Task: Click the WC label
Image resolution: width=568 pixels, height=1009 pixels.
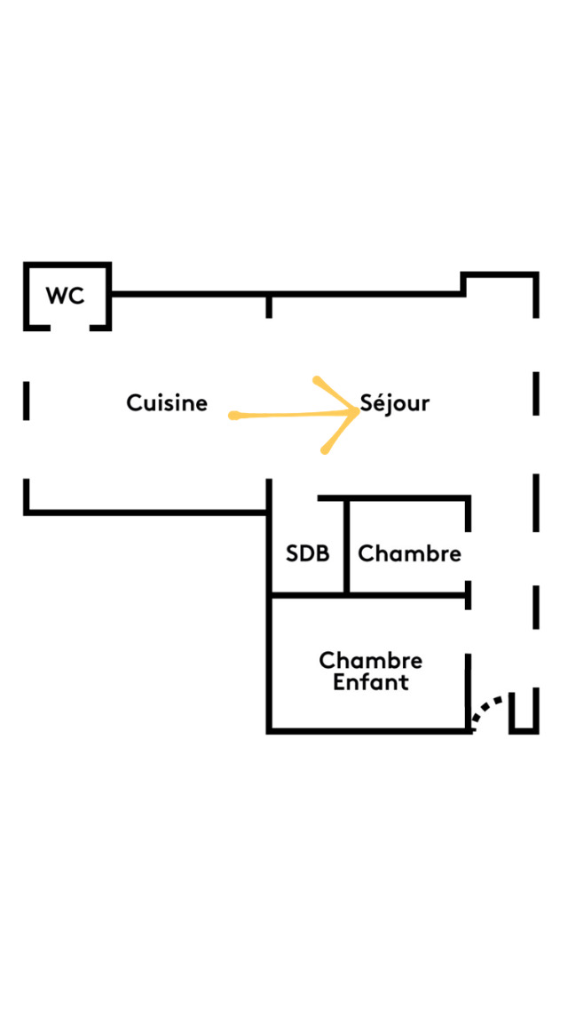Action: [66, 296]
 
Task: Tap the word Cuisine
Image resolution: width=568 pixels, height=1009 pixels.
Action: [167, 403]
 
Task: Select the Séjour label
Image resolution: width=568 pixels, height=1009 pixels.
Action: [395, 403]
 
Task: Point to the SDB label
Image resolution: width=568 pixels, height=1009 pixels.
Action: [307, 553]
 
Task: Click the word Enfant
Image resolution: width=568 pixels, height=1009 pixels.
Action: [371, 683]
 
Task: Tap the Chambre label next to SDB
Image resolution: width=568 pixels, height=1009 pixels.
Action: [409, 553]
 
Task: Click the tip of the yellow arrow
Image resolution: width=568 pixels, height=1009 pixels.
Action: [358, 411]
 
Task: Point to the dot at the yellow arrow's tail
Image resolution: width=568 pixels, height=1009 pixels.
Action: [233, 416]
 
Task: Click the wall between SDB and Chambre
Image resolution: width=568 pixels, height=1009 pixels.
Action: [346, 546]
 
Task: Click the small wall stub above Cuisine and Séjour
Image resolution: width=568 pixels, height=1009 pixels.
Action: [269, 306]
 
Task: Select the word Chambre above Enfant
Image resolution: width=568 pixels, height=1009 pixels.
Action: [371, 661]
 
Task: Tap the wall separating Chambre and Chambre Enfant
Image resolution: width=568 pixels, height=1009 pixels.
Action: [368, 595]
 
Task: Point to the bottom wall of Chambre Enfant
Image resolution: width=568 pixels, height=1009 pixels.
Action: [368, 730]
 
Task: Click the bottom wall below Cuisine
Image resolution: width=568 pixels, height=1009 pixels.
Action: [146, 512]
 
